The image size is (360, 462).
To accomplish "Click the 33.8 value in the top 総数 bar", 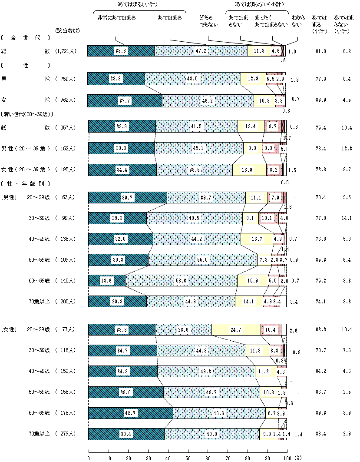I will click(121, 51).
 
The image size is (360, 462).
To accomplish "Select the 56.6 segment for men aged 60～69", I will click(181, 281).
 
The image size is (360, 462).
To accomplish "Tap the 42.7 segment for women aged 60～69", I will click(131, 413).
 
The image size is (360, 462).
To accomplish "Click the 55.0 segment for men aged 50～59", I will click(202, 260).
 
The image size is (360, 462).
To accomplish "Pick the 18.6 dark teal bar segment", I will click(107, 281).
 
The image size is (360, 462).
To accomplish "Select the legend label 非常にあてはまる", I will click(116, 18).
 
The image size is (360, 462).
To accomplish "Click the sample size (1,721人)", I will click(66, 51).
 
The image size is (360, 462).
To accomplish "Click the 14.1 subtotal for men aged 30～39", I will click(346, 218).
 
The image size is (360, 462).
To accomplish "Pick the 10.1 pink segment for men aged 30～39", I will click(268, 218).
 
